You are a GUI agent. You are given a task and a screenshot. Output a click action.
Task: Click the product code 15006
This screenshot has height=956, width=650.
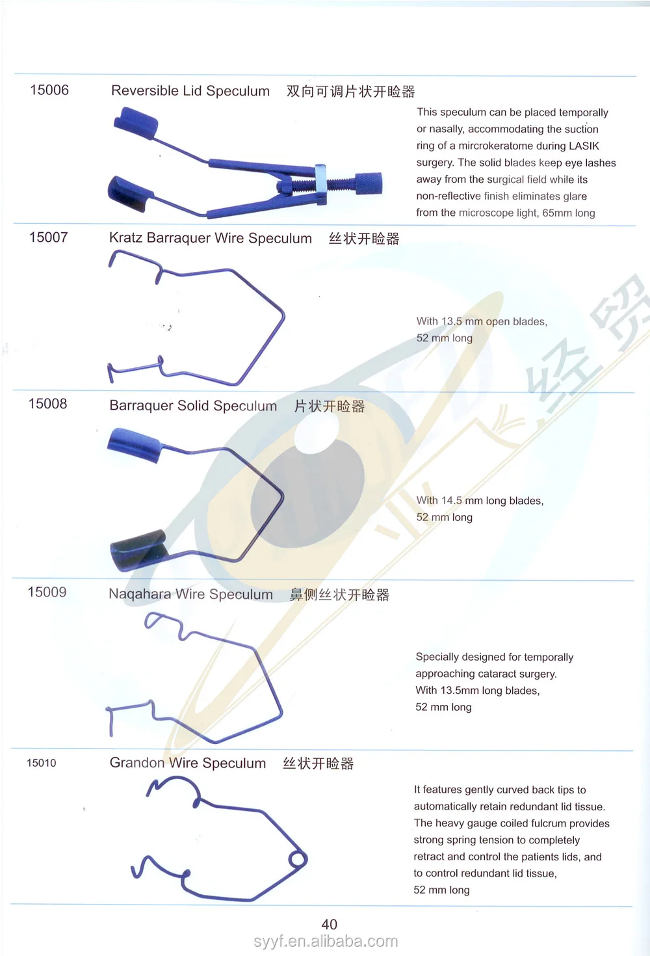pos(49,90)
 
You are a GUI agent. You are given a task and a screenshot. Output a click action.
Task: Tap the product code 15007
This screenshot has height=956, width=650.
pos(49,237)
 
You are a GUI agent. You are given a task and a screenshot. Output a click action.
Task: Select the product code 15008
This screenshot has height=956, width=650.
pos(48,404)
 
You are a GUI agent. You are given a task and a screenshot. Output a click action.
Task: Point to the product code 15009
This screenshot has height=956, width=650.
pos(47,592)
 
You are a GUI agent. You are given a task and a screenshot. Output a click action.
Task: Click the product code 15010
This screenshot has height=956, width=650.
pos(42,763)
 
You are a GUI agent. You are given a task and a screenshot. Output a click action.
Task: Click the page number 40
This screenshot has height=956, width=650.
pos(330,924)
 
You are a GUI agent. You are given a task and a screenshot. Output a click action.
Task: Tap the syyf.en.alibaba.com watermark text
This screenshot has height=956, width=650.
pos(326,941)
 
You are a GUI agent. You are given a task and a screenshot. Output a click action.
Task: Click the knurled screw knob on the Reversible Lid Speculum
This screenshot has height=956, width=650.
pos(368,184)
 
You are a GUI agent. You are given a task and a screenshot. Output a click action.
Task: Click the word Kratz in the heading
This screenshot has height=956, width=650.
pos(125,238)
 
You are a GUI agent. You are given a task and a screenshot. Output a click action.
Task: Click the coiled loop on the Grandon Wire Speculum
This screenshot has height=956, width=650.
pos(298,860)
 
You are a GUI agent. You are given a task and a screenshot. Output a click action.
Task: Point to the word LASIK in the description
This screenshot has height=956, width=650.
pos(584,146)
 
